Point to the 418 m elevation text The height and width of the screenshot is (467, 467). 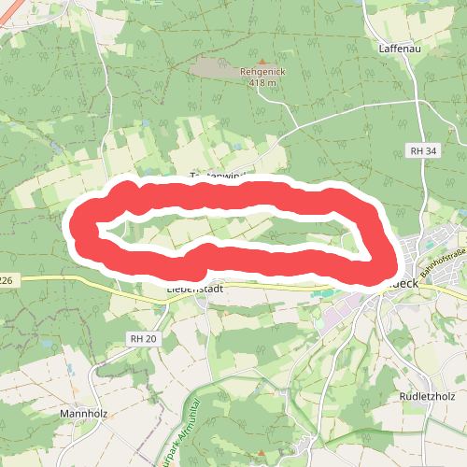264,83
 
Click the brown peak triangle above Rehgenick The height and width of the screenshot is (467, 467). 265,58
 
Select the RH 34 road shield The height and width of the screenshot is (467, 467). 422,150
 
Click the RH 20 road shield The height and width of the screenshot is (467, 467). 144,339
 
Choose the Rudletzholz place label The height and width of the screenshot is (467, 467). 425,396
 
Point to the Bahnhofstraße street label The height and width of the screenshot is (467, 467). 442,269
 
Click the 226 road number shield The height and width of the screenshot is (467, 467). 6,280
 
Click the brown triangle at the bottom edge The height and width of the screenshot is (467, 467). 262,458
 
